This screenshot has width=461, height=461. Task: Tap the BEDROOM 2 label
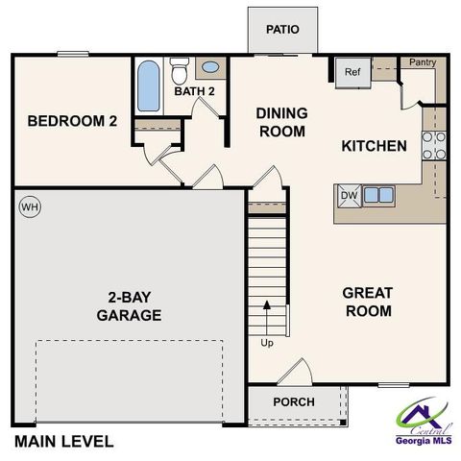click(71, 121)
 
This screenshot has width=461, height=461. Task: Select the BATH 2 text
click(193, 91)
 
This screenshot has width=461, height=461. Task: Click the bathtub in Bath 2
click(149, 86)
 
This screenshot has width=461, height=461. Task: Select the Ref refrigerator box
click(352, 71)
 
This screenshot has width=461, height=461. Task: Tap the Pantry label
click(423, 63)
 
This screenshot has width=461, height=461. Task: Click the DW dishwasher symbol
click(349, 195)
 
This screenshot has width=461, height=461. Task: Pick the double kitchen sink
click(377, 195)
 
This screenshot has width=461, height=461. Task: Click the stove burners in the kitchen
click(434, 144)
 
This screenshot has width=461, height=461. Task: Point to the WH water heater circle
click(30, 206)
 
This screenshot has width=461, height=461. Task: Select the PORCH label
click(293, 401)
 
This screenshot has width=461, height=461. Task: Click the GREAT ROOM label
click(367, 302)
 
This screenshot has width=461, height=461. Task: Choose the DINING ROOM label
click(280, 121)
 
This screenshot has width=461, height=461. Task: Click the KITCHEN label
click(375, 146)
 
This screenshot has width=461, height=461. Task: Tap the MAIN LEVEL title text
click(63, 442)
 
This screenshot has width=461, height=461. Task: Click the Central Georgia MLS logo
click(425, 420)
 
